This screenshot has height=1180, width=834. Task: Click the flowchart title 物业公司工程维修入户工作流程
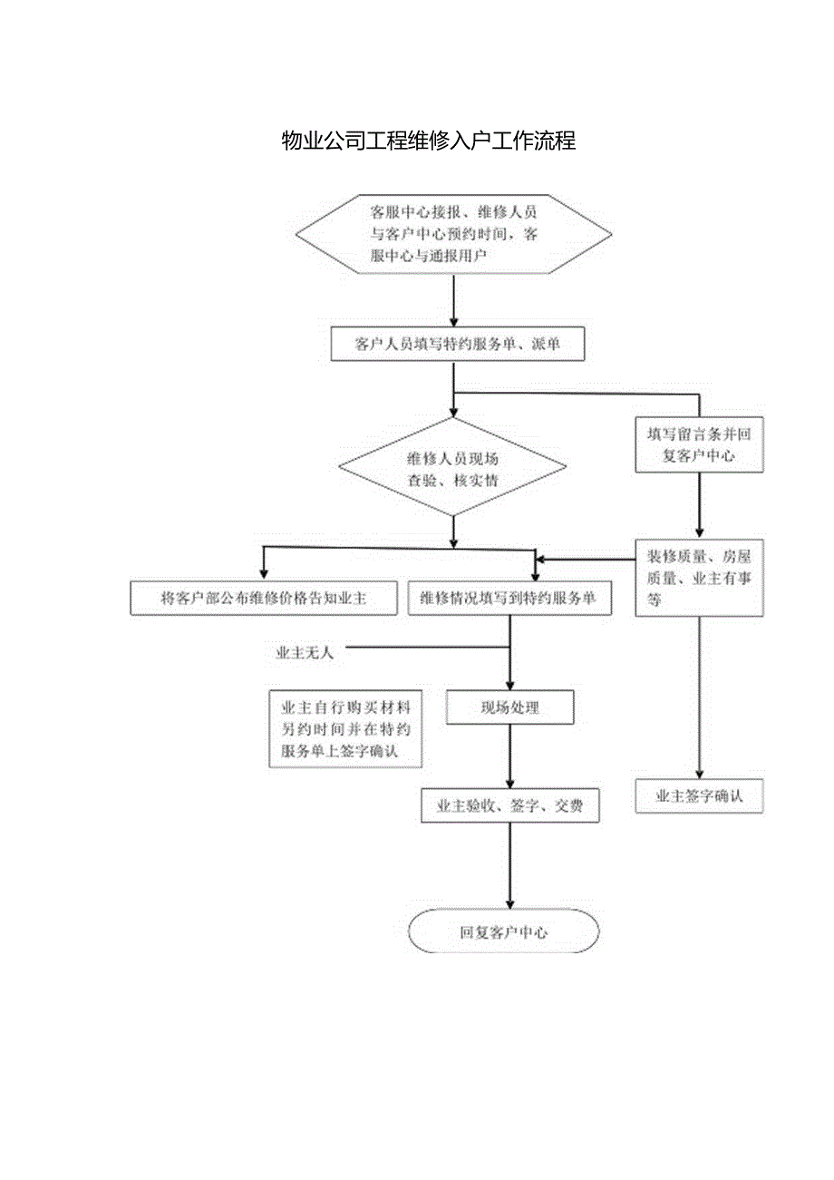point(429,141)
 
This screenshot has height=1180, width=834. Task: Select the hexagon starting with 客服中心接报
point(454,234)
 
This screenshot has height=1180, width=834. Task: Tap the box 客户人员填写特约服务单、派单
point(457,345)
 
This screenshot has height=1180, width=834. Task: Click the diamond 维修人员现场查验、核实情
point(452,469)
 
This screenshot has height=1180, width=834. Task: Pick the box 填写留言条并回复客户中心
point(698,445)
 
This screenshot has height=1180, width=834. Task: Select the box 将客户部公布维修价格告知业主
point(263,599)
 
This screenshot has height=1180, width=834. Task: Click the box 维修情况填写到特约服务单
point(509,599)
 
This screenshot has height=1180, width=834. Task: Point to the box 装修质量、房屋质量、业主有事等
point(698,578)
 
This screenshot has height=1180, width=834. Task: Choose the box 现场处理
point(509,707)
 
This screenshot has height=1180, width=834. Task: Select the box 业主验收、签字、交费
point(509,805)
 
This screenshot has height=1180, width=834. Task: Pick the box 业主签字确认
point(699,796)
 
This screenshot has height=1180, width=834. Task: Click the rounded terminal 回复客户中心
point(504,931)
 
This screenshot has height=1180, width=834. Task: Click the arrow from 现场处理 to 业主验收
point(510,756)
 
